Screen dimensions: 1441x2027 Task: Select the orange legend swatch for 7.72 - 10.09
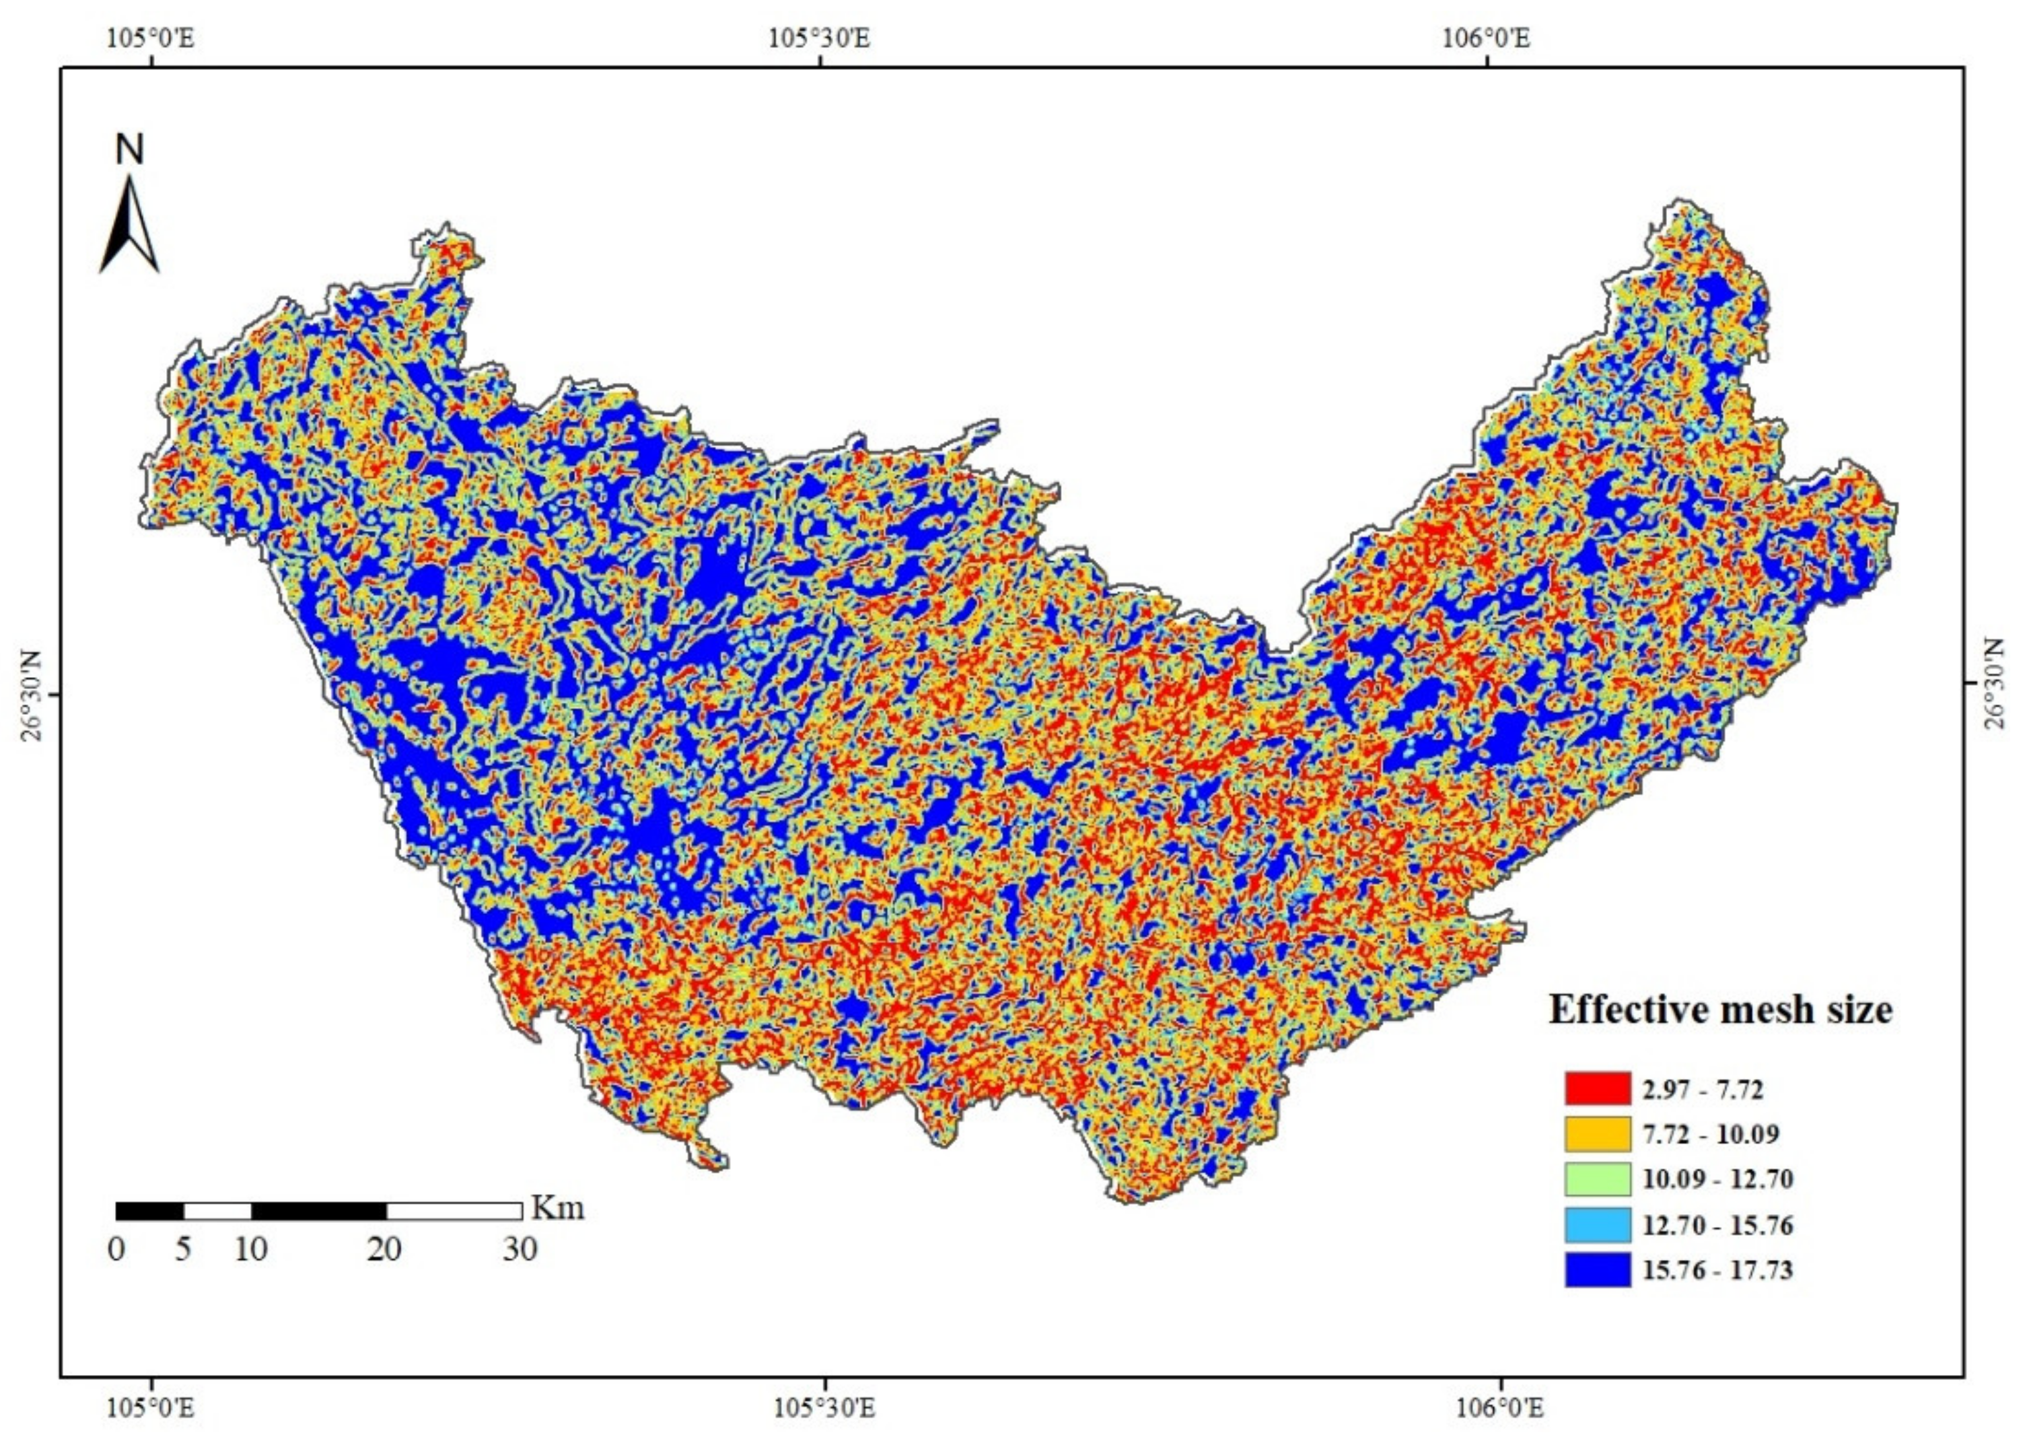coord(1597,1134)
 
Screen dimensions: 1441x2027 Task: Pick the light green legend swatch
coord(1597,1179)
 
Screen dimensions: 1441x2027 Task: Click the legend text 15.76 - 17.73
coord(1717,1271)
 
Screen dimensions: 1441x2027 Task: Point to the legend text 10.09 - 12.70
coord(1717,1179)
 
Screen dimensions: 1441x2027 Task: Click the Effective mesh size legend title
coord(1720,1010)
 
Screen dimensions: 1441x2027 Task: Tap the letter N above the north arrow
coord(129,150)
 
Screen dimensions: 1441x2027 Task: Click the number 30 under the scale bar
coord(521,1249)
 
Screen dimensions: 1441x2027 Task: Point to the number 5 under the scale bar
coord(183,1249)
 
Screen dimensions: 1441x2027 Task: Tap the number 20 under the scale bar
coord(385,1249)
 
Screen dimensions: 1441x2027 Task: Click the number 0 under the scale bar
coord(116,1249)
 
